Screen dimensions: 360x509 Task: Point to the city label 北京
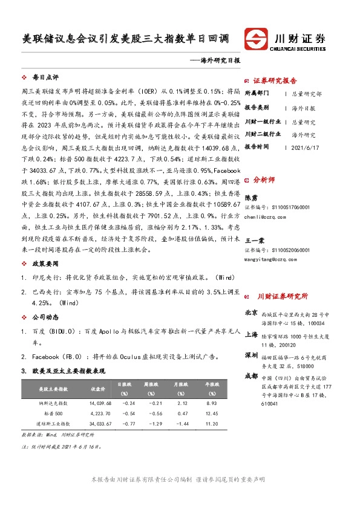coord(251,313)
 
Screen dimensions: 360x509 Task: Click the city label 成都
coord(251,376)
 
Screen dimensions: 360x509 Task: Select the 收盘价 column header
coord(97,389)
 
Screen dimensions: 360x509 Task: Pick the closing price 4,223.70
coord(100,413)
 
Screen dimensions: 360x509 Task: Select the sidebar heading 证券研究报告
coord(275,81)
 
